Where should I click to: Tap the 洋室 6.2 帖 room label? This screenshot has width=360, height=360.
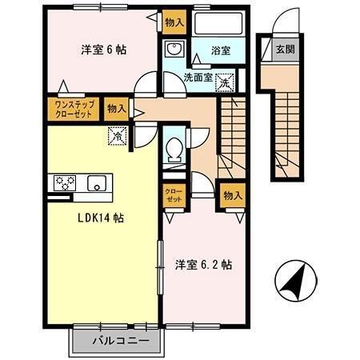205,263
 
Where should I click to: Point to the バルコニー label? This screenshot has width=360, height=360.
119,341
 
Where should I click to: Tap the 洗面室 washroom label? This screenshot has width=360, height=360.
197,78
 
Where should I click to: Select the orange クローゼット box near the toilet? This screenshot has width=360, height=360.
173,195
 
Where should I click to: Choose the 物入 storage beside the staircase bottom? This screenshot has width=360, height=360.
232,195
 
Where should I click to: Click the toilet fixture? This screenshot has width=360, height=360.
172,149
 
